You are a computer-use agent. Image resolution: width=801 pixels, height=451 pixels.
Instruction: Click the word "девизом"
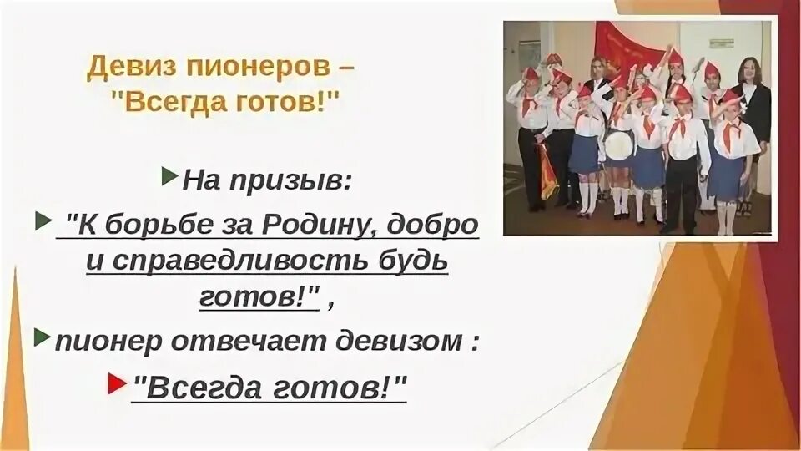(401, 342)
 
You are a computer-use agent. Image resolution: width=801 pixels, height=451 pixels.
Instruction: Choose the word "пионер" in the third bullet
(103, 342)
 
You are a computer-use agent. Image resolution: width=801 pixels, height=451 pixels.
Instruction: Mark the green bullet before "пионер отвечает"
(43, 337)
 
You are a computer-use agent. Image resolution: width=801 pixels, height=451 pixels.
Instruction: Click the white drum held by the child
(618, 144)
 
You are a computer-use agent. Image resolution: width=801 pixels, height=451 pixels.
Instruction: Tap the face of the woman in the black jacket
(749, 71)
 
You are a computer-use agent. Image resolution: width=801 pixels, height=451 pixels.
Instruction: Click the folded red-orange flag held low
(547, 171)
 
